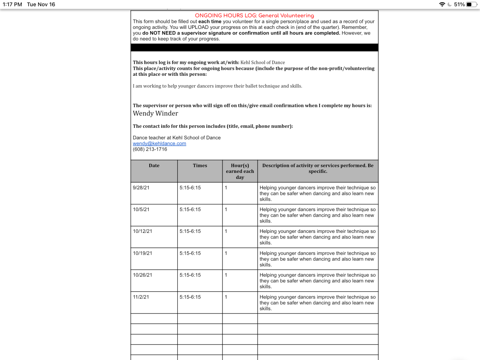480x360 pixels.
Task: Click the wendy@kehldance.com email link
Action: [x=159, y=144]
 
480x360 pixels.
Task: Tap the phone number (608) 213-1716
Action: [x=150, y=149]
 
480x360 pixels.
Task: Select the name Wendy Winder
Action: [x=155, y=113]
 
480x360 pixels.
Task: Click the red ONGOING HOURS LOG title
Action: [x=254, y=15]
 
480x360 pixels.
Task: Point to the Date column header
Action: [x=154, y=165]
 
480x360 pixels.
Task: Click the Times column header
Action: [x=200, y=165]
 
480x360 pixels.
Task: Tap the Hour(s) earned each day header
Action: [x=240, y=171]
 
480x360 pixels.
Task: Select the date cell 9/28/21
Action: [x=141, y=187]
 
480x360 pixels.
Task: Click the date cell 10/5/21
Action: [x=141, y=209]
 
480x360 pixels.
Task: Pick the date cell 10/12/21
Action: [x=142, y=231]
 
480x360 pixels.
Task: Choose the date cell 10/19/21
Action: [x=142, y=253]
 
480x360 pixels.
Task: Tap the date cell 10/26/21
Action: [x=142, y=275]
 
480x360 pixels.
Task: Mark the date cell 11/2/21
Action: [x=141, y=297]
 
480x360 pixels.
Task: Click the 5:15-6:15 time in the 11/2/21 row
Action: [x=190, y=297]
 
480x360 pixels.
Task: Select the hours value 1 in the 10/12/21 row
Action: [x=226, y=231]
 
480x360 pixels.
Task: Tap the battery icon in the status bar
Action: [x=471, y=4]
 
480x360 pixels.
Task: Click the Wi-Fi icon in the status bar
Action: [x=442, y=4]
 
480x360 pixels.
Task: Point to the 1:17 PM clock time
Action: [x=12, y=4]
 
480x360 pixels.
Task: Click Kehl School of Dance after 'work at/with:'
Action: [x=262, y=63]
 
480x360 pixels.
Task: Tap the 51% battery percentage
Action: [x=459, y=4]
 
